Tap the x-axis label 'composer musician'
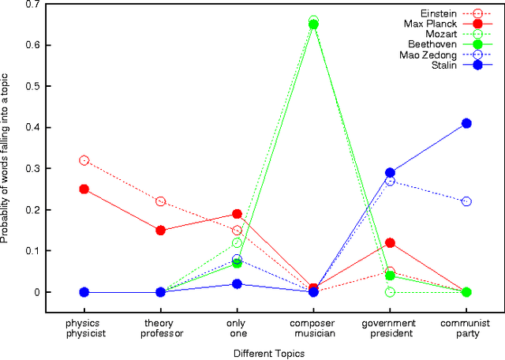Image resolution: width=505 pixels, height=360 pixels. point(313,328)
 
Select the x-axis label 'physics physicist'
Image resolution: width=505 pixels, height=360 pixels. point(84,328)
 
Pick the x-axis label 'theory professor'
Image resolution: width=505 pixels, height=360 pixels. point(160,328)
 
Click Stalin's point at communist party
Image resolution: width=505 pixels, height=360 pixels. point(466,123)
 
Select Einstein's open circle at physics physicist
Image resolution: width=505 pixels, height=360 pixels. point(84,160)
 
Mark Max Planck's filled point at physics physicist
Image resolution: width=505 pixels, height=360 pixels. point(84,189)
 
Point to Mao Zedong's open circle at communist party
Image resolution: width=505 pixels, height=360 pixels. point(466,201)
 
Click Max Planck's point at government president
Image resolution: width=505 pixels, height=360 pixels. point(390,242)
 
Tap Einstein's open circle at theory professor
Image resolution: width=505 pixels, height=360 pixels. point(161,201)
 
